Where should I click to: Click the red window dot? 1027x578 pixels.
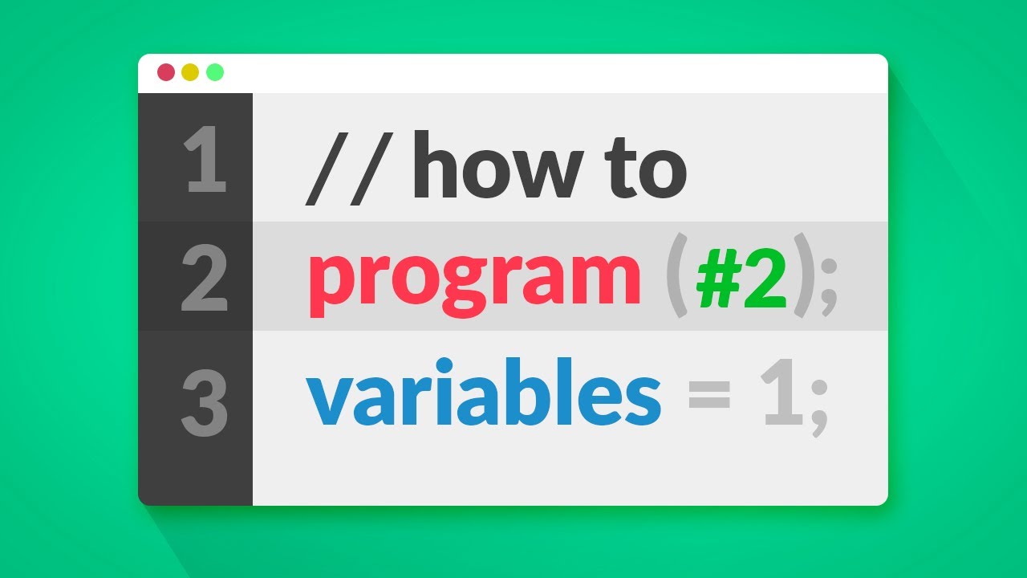[x=166, y=72]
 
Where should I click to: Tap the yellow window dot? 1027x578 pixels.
[x=190, y=72]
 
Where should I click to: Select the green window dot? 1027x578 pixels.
[x=214, y=72]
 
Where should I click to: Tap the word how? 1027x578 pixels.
[x=498, y=167]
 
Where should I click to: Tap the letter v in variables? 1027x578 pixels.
[x=331, y=401]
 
